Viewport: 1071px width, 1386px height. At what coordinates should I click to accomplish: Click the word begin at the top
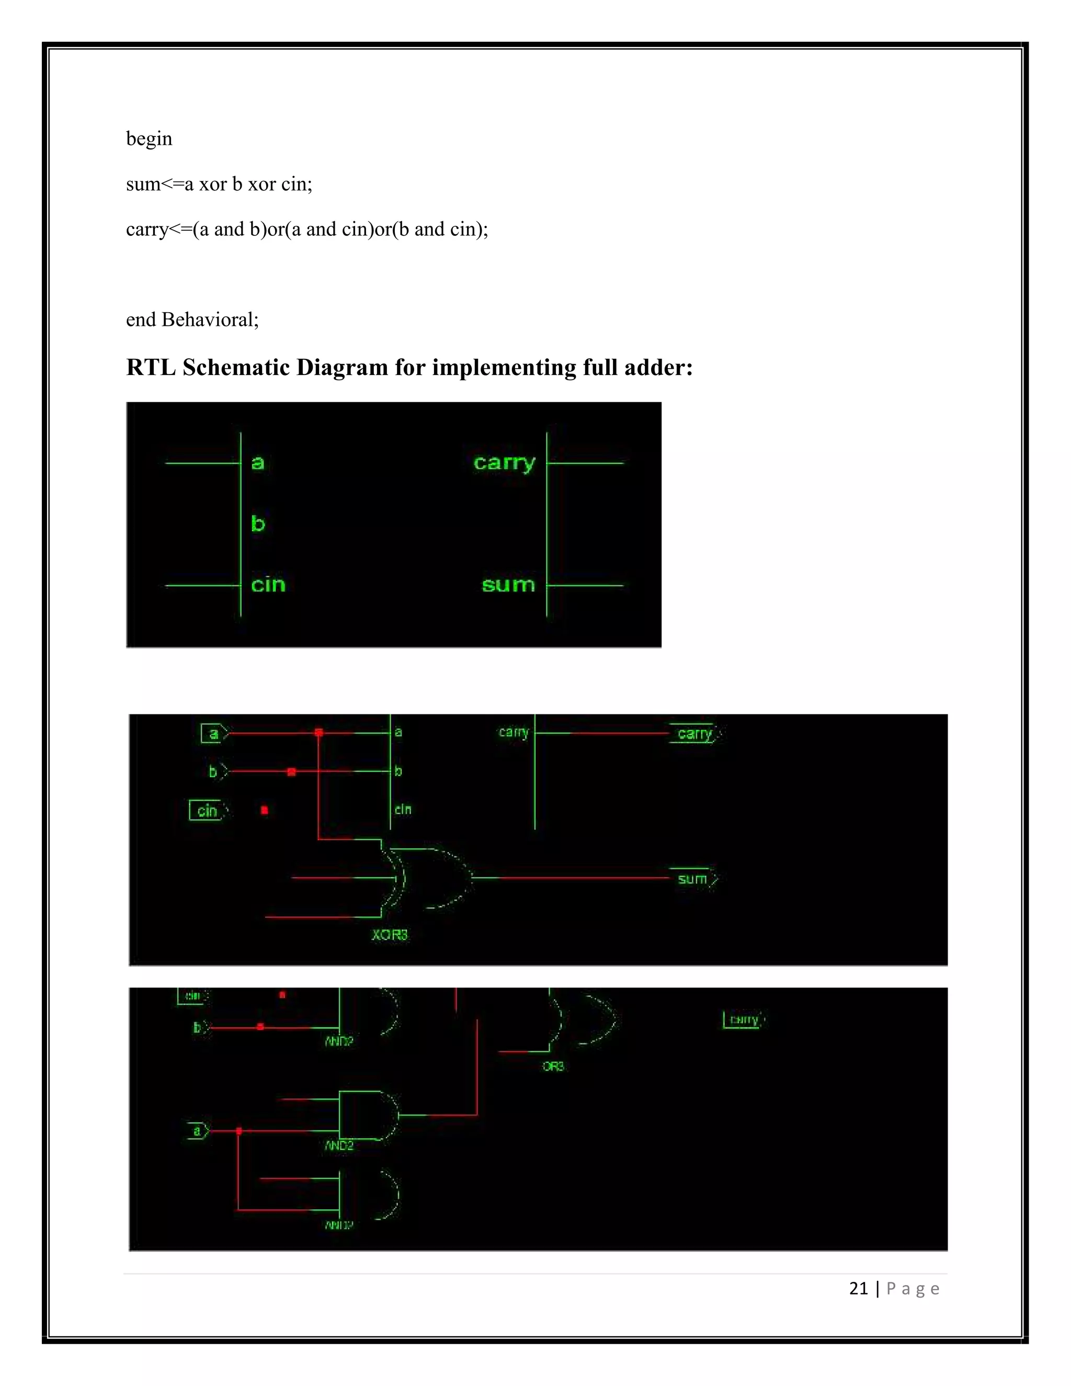coord(149,139)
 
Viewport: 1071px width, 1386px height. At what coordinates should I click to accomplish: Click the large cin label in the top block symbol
coord(268,585)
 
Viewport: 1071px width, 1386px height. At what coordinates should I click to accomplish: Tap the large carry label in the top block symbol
coord(505,463)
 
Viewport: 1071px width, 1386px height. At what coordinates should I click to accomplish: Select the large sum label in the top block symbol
coord(508,585)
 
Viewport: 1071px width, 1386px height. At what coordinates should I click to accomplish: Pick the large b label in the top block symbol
coord(258,524)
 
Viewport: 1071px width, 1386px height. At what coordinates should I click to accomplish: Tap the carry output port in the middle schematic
coord(696,734)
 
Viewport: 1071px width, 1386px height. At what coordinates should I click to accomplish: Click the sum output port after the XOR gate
coord(693,879)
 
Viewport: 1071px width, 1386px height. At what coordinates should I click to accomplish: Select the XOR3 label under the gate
coord(390,935)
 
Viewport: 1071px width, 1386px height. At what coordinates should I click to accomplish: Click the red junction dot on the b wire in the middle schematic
coord(292,771)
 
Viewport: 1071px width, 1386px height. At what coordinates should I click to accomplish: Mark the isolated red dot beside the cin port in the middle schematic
coord(265,810)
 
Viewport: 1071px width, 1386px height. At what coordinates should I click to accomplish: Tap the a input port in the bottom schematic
coord(197,1131)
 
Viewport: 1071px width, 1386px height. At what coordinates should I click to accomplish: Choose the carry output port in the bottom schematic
coord(744,1020)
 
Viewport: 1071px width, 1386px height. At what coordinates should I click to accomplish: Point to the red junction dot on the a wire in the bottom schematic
coord(239,1131)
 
